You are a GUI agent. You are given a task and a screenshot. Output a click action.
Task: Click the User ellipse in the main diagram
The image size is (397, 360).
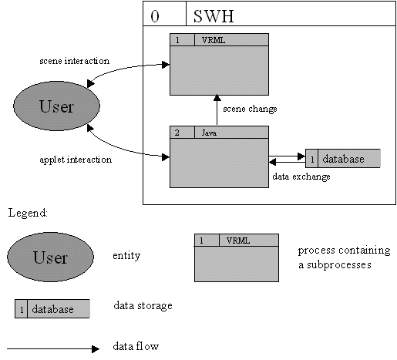coord(56,106)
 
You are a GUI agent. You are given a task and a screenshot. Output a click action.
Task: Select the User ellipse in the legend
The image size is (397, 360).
coord(50,257)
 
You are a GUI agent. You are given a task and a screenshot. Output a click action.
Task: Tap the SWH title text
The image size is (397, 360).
coord(214,16)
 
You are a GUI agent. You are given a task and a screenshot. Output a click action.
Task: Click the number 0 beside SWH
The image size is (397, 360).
coord(155,16)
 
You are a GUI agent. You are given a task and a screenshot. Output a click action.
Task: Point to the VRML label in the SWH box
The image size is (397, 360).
coord(214,40)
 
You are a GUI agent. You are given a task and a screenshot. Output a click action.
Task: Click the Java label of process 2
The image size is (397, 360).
coord(209,133)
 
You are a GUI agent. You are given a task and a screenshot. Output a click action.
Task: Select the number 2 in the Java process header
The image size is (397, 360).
coord(177,133)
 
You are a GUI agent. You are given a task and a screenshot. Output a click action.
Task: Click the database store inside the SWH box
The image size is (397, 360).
coord(343,159)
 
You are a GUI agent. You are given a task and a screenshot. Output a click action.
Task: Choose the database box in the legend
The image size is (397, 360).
coord(52,308)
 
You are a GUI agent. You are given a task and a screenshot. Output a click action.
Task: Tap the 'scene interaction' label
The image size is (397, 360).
coord(75,61)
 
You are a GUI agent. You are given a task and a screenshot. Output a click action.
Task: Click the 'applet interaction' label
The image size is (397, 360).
coord(76,160)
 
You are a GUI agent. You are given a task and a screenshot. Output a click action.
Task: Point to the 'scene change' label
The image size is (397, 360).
coord(250,109)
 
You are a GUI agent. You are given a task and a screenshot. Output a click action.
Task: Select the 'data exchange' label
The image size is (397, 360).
coord(301,177)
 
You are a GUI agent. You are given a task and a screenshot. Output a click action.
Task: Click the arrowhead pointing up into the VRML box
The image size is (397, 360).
coord(217,98)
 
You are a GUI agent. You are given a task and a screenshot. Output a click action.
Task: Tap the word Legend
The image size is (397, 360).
coord(28,213)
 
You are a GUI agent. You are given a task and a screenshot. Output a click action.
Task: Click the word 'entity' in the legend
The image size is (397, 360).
coord(126,256)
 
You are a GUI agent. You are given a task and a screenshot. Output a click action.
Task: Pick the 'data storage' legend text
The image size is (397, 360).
coord(143,305)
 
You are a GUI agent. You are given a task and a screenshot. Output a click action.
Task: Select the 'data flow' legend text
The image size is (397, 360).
coord(136,346)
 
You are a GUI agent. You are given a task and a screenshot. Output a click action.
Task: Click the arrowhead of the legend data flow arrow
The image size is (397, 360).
coord(96,349)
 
